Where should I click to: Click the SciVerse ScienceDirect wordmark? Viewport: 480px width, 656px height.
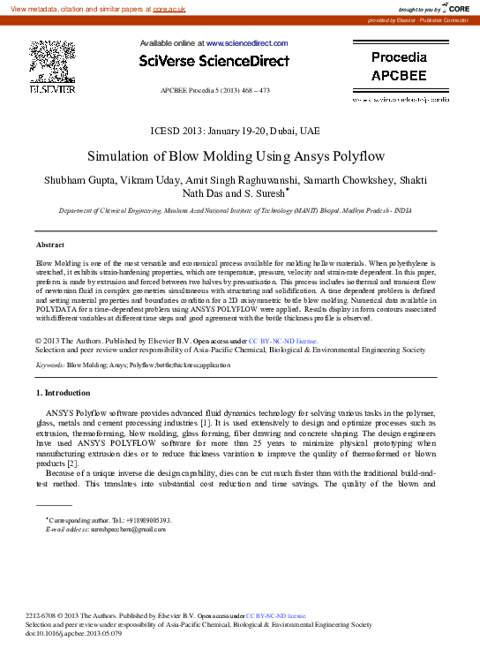(214, 61)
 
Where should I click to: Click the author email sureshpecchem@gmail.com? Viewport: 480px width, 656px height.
(122, 528)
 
